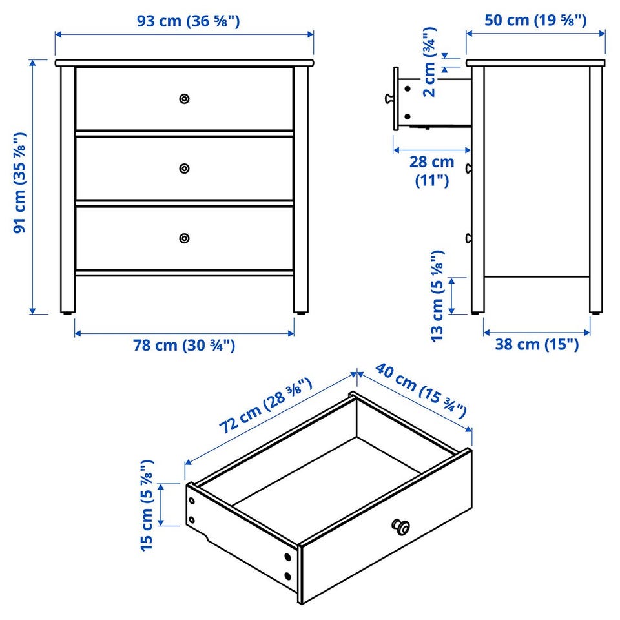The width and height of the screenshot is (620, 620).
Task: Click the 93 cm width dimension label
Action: (x=188, y=21)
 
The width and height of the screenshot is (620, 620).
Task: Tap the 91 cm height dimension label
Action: (x=20, y=183)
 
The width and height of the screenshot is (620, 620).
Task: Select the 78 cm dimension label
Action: (x=184, y=345)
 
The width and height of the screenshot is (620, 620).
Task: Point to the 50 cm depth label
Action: (x=536, y=20)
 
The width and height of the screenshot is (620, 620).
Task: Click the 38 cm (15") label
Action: (x=537, y=344)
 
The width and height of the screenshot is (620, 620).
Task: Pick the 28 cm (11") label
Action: (x=432, y=170)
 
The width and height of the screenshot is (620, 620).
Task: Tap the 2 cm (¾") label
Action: (x=429, y=62)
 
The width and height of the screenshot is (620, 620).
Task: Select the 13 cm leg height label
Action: (x=438, y=296)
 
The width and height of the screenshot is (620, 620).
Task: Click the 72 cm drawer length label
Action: (x=265, y=406)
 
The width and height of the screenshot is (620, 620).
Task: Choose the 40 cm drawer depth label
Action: (x=422, y=390)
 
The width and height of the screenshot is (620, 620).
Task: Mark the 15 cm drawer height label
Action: (x=147, y=505)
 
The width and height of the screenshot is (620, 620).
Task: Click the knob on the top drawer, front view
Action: (x=184, y=98)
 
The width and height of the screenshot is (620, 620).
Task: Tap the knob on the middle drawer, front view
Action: (x=184, y=169)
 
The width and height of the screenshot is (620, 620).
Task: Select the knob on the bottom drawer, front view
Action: (x=184, y=238)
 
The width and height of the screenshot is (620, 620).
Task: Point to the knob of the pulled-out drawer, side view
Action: (x=389, y=98)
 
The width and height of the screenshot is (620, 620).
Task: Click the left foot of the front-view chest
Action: (x=68, y=313)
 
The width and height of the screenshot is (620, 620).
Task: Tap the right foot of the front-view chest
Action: (x=302, y=313)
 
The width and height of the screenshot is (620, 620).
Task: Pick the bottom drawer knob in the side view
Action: (x=469, y=238)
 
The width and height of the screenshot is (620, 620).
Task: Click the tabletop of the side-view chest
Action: (x=535, y=63)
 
